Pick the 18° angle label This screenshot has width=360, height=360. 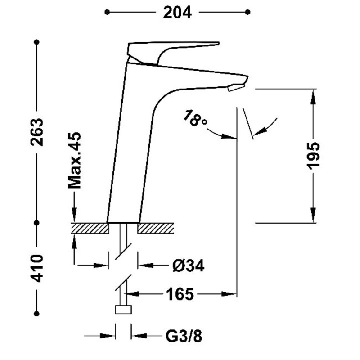[x=195, y=118]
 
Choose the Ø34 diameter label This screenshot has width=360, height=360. [x=188, y=266]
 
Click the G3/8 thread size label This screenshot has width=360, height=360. [x=184, y=335]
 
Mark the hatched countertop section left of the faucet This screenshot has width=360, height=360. [x=90, y=228]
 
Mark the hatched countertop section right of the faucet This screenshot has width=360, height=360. [x=156, y=228]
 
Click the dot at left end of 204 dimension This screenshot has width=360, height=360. [x=107, y=13]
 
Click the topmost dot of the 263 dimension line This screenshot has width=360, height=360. [x=37, y=42]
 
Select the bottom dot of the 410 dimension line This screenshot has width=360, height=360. [x=37, y=313]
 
